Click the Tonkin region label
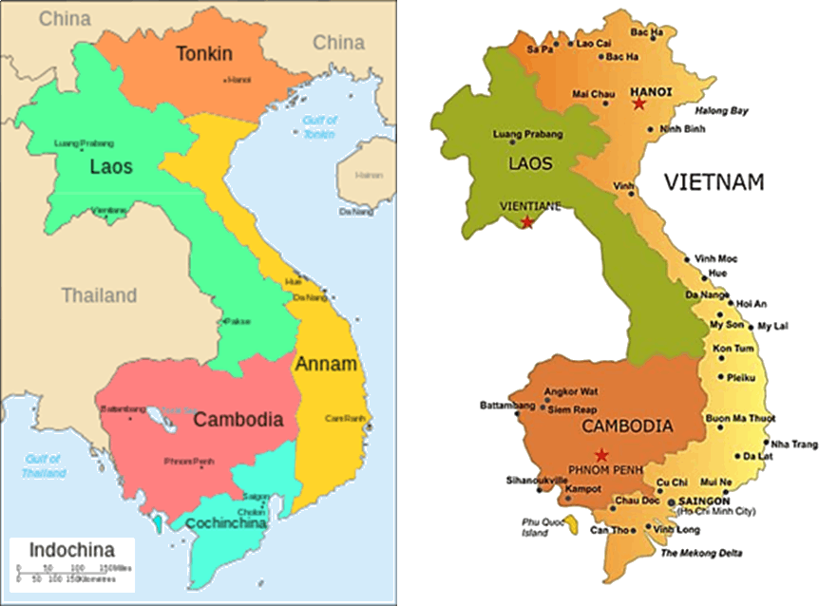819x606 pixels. click(204, 54)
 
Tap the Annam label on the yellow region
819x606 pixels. click(326, 364)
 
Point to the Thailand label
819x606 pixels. click(100, 295)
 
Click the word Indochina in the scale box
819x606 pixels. click(72, 550)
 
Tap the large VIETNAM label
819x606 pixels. click(714, 182)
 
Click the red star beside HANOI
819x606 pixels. click(638, 104)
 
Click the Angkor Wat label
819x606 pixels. click(570, 391)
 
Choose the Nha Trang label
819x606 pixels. click(794, 445)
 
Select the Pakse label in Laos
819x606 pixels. click(238, 321)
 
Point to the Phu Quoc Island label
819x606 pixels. click(539, 526)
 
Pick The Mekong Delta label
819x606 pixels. click(701, 553)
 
